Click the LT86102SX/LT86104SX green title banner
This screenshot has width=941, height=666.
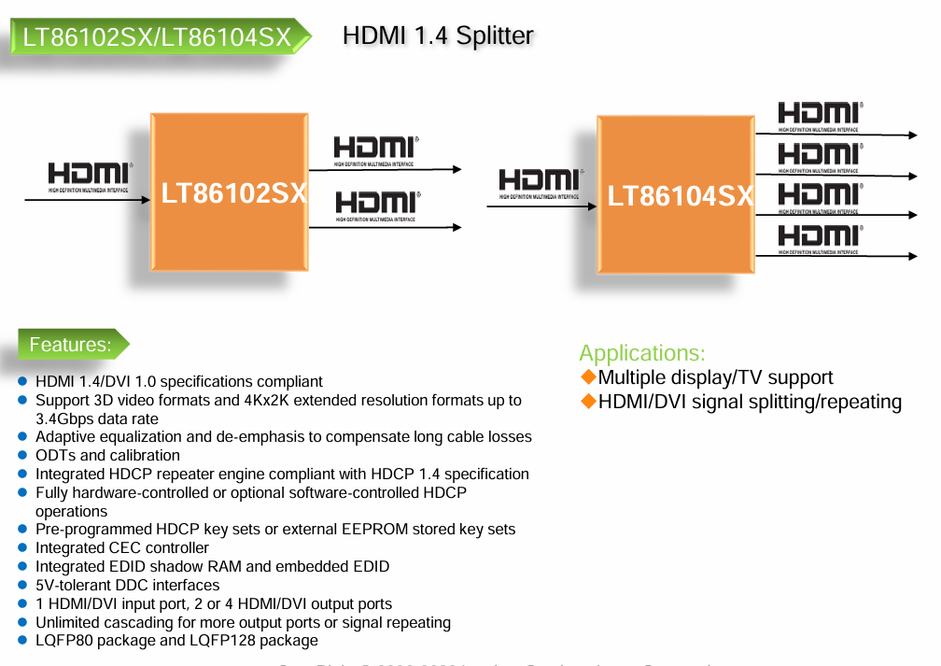tap(157, 37)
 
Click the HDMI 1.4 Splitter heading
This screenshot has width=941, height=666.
tap(438, 35)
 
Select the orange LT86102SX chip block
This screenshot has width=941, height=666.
tap(229, 192)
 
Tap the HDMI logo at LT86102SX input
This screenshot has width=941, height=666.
tap(91, 176)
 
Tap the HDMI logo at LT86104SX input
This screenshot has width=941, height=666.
tap(541, 182)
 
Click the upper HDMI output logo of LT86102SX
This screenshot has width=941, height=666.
tap(376, 150)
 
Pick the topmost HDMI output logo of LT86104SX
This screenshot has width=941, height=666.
tap(820, 116)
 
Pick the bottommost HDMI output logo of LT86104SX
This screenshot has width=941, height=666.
tap(820, 237)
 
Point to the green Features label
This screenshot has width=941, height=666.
tap(70, 345)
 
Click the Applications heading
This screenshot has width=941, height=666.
tap(642, 353)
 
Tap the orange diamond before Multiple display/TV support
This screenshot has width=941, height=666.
tap(588, 376)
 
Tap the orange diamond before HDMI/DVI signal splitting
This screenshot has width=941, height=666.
tap(588, 401)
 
